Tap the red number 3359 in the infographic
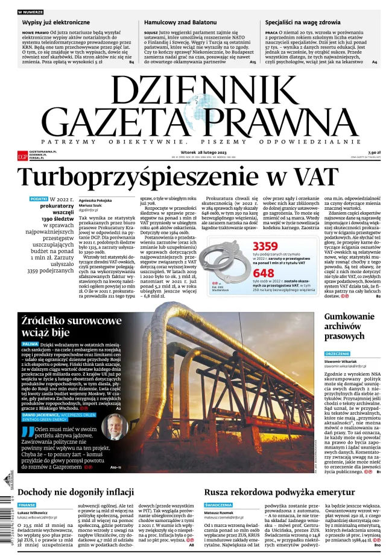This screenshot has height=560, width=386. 265,246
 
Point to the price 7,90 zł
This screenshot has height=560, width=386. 375,153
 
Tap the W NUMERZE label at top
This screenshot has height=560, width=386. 30,12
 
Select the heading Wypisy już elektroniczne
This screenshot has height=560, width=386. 56,22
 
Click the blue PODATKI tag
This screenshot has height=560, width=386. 39,198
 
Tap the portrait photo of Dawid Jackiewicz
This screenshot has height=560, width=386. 114,427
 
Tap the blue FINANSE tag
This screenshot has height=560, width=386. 27,505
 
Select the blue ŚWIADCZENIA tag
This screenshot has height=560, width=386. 218,505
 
